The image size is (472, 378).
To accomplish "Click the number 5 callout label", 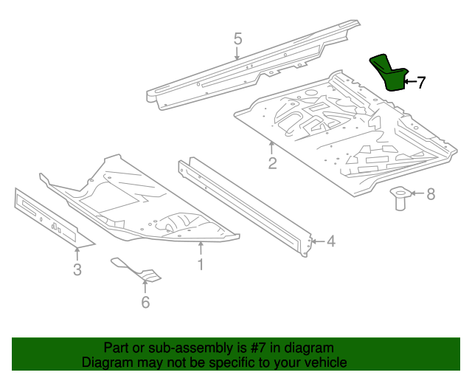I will point(237,38).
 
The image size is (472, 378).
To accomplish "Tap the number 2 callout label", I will point(272,163).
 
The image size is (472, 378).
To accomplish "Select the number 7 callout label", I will point(421,83).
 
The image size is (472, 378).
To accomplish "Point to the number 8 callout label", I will point(431,194).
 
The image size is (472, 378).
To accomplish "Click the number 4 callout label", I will point(330,241).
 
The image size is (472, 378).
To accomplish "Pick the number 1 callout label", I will point(200,264).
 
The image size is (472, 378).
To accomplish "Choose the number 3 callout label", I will point(77,269).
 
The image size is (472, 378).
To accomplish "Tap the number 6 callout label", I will point(145,302).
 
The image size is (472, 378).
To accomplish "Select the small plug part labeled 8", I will point(399,198).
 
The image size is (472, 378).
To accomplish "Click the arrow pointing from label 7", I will point(409,82).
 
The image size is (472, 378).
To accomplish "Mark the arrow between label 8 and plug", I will point(416,194).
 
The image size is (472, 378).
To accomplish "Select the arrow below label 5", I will point(237,54).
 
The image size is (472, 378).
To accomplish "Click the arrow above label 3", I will point(77,253).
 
